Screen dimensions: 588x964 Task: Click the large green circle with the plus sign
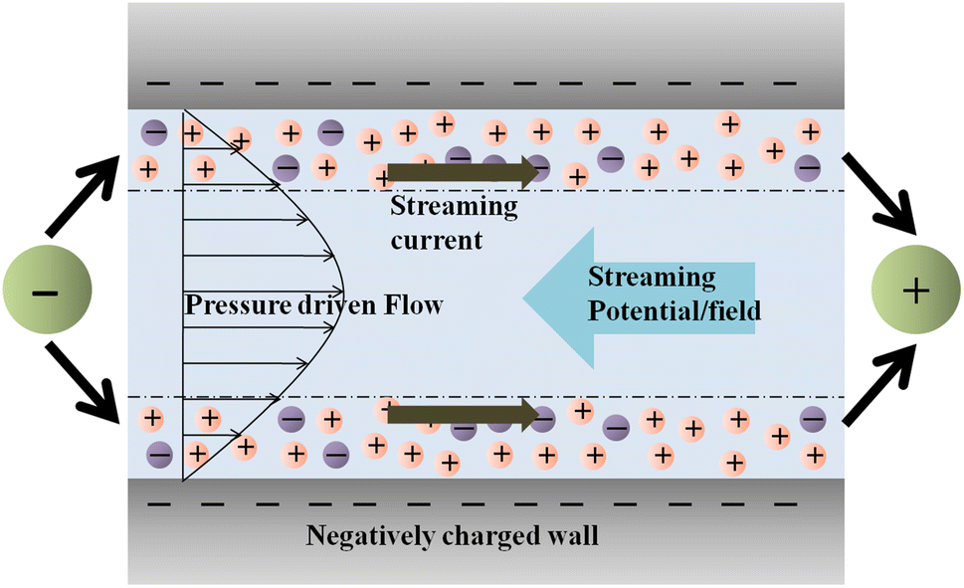pos(915,291)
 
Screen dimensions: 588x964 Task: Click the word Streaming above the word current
pos(454,207)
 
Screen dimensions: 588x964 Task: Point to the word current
pos(436,239)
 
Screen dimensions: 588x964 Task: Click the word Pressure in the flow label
pos(230,305)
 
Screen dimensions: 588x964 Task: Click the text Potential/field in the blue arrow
pos(675,310)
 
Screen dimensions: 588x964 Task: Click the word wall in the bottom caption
pos(573,536)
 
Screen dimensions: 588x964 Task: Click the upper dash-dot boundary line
pos(597,190)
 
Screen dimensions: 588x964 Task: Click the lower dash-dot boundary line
pos(597,397)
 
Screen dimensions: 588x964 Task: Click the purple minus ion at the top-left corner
pos(155,131)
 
